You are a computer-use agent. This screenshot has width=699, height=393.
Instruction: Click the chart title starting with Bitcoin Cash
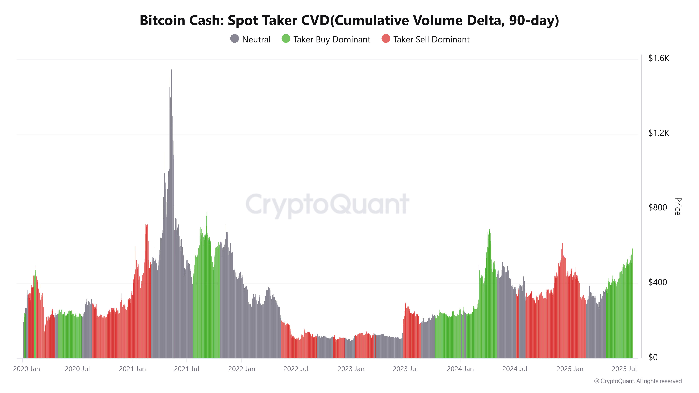349,20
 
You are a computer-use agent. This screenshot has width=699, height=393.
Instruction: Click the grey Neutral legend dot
235,39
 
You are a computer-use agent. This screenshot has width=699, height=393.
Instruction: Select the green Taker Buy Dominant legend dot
286,39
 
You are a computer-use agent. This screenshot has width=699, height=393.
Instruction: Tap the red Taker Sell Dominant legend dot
386,39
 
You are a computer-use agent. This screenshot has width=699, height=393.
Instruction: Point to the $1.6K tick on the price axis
659,58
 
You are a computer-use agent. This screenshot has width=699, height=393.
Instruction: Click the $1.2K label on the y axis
659,133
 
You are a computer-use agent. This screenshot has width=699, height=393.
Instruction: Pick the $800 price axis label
657,208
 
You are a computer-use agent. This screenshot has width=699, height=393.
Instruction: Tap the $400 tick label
657,282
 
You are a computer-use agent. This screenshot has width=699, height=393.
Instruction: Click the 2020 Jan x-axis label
26,369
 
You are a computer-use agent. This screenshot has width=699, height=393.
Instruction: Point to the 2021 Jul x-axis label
186,369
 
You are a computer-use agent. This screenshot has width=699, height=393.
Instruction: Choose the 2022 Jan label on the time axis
242,369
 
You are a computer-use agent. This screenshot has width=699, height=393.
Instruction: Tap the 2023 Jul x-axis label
405,369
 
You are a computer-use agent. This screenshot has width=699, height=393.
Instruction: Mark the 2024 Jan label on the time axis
460,369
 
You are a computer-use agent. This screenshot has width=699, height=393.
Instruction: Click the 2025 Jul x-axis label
624,369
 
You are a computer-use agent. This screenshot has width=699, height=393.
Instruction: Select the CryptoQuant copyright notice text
638,381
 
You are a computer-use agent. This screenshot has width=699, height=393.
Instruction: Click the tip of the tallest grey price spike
171,70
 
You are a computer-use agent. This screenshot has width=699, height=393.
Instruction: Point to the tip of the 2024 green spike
489,230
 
